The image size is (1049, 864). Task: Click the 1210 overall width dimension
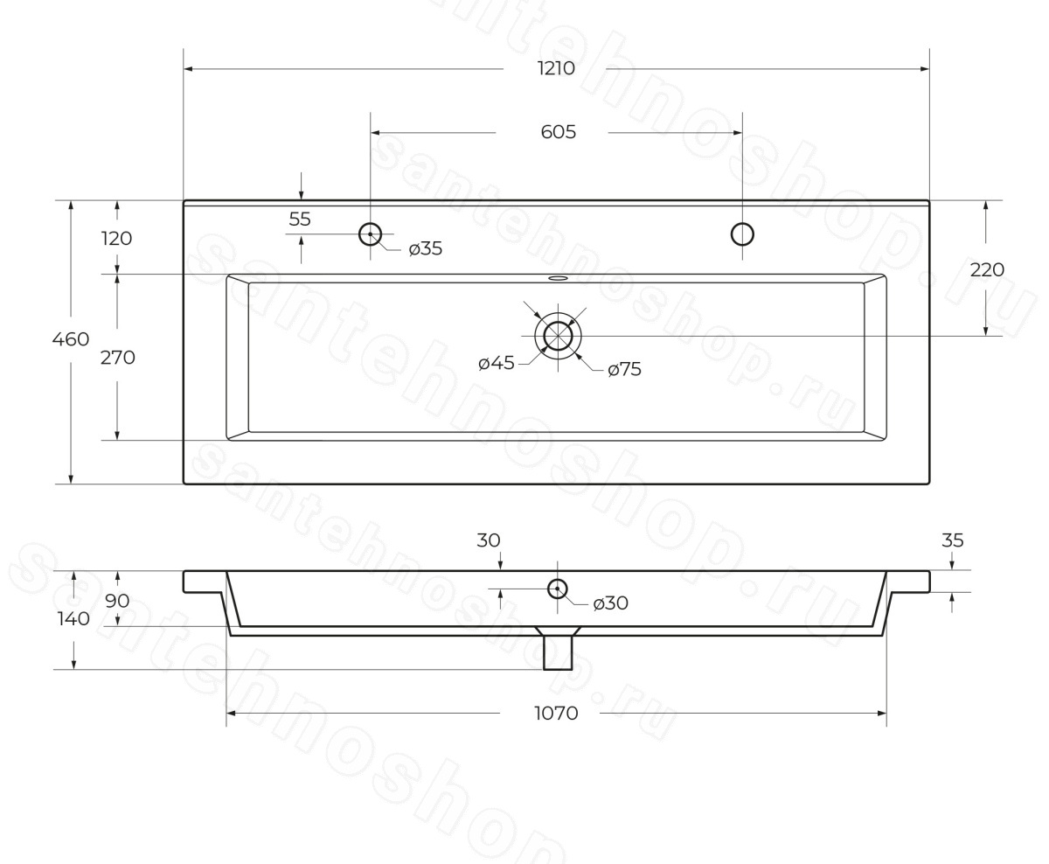coord(556,68)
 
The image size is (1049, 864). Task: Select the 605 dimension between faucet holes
coord(558,132)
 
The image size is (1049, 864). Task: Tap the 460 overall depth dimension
coord(71,339)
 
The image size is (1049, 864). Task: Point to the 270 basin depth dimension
coord(118,358)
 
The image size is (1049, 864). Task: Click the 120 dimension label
coord(117,239)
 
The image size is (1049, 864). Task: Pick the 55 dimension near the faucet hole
coord(300,219)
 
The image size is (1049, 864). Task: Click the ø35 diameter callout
coord(426,248)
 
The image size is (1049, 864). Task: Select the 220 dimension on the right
coord(987,269)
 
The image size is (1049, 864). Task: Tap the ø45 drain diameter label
coord(496,363)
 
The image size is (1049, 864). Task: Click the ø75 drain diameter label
coord(625,369)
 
